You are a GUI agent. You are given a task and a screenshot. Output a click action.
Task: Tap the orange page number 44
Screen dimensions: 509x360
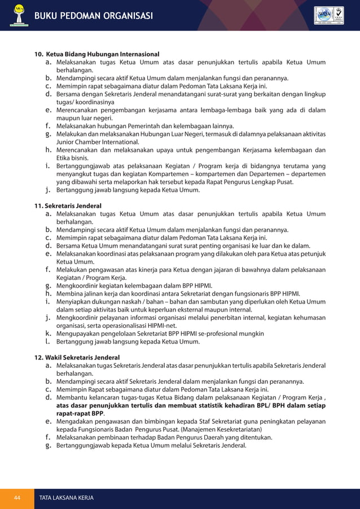tap(17, 498)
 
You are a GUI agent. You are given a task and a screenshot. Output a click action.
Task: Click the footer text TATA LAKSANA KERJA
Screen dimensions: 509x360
tap(66, 498)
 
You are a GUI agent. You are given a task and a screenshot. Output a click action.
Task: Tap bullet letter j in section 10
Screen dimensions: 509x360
tap(48, 190)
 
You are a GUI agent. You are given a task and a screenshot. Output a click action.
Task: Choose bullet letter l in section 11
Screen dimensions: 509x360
tap(48, 341)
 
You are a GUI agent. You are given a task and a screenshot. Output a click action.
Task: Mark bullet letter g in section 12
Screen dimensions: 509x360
tap(48, 445)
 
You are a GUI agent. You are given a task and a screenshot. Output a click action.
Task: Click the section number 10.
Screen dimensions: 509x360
tap(39, 54)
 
